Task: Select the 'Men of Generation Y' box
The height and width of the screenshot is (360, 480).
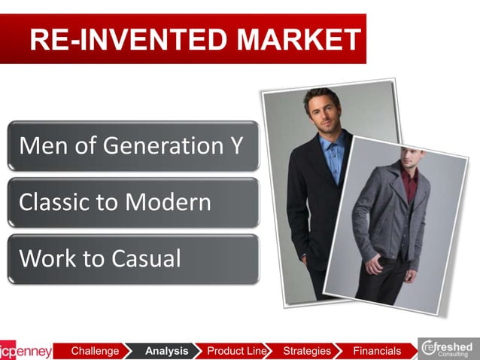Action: pyautogui.click(x=132, y=145)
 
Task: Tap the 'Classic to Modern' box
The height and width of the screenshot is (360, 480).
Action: pyautogui.click(x=132, y=202)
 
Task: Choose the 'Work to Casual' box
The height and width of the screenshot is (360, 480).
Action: pyautogui.click(x=132, y=258)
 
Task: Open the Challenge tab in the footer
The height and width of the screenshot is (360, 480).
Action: pyautogui.click(x=95, y=351)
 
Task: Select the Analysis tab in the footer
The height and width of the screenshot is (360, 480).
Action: pyautogui.click(x=166, y=351)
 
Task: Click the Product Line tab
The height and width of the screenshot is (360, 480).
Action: pyautogui.click(x=236, y=351)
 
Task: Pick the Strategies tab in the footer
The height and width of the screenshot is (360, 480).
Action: pyautogui.click(x=307, y=351)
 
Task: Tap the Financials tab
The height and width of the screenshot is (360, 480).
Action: pyautogui.click(x=377, y=351)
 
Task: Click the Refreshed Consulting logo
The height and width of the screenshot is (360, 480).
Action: pyautogui.click(x=448, y=349)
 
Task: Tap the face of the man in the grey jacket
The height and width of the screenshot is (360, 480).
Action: pyautogui.click(x=412, y=160)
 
